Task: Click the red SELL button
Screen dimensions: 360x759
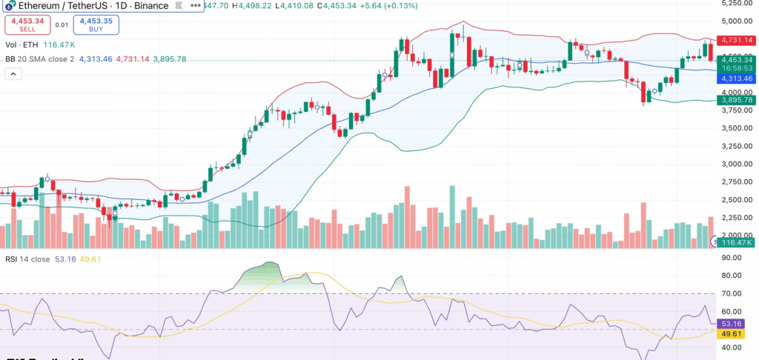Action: tap(27, 24)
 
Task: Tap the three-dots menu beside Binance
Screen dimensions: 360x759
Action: tap(195, 5)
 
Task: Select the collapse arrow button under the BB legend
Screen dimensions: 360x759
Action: tap(13, 73)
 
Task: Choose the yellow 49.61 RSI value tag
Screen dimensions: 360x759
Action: tap(732, 334)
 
